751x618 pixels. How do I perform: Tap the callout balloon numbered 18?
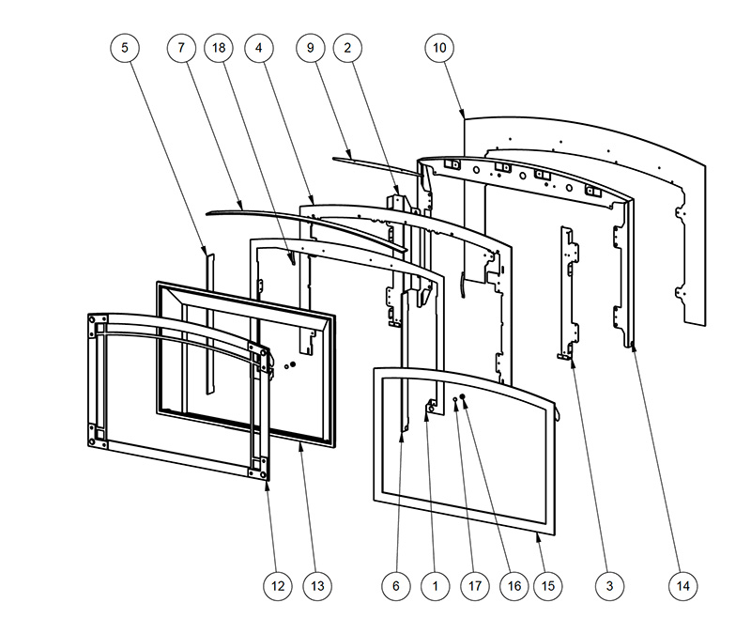coord(217,47)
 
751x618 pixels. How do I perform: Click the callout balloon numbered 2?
coord(348,47)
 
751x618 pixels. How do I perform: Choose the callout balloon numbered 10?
coord(440,47)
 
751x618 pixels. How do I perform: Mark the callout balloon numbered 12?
coord(277,585)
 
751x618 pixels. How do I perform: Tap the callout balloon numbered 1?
coord(435,585)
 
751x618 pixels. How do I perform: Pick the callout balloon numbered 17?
coord(475,585)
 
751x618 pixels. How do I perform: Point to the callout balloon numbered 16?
coord(513,585)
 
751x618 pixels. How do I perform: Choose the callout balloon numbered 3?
coord(609,585)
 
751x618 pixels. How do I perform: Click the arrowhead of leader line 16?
coord(464,397)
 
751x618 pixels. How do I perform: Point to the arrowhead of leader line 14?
coord(633,345)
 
